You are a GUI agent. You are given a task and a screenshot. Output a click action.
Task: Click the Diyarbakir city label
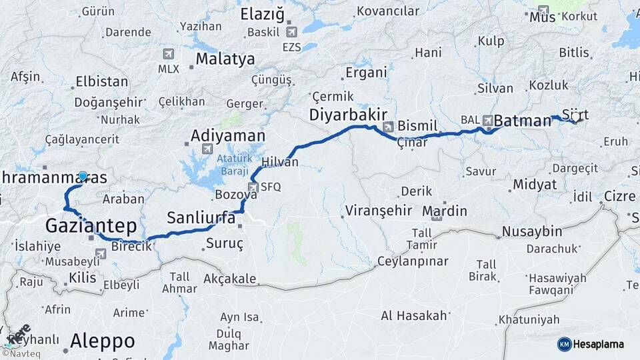(348, 115)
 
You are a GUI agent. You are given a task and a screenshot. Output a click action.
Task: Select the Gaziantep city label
(91, 225)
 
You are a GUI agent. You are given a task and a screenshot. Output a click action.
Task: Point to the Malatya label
(225, 59)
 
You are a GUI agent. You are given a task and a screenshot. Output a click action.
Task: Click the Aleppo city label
(103, 341)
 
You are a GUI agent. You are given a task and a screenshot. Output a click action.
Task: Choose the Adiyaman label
(227, 135)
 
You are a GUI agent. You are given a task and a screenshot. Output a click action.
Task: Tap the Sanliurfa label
(201, 217)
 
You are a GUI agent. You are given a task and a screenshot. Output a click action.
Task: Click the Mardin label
(445, 212)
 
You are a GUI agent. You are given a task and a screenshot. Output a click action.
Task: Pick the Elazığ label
(262, 14)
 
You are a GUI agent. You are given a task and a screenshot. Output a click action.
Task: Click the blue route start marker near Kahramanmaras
(83, 176)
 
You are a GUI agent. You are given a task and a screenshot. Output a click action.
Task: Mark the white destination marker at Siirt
(575, 117)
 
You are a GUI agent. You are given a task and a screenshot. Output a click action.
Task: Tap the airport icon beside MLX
(167, 54)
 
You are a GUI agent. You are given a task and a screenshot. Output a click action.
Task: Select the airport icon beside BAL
(488, 120)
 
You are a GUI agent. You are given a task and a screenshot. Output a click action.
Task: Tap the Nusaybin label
(532, 232)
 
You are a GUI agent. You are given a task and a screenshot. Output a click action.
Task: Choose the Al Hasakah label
(415, 315)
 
